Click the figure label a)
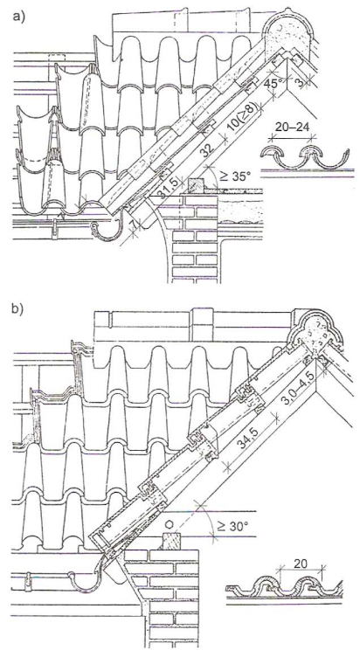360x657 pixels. [18, 18]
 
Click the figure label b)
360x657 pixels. [18, 310]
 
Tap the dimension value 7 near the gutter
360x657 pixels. [134, 225]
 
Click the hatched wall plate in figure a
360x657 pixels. [196, 183]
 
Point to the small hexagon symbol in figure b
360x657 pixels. [170, 524]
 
